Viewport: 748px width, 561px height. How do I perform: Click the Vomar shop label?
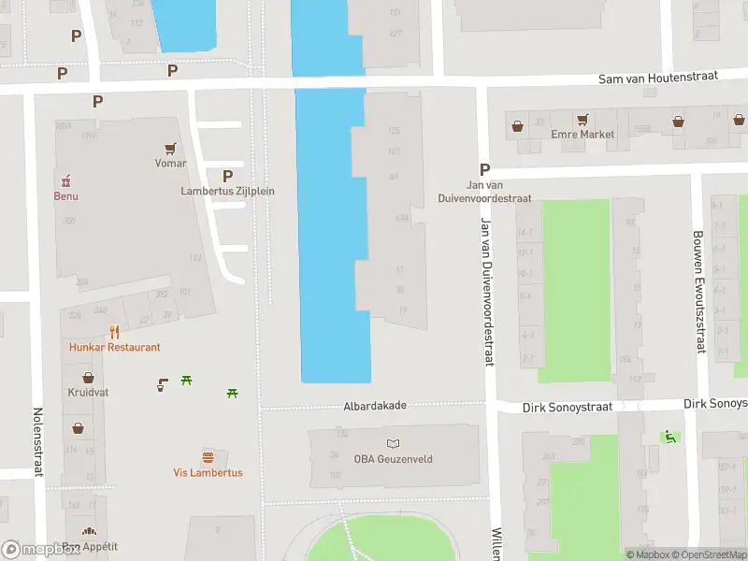170,164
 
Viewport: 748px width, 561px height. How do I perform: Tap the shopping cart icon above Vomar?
170,148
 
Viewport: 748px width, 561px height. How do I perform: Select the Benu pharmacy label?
65,196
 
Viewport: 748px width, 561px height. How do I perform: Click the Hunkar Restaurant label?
114,347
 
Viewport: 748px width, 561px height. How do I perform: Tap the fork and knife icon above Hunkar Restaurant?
114,331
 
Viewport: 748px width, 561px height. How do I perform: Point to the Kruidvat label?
88,393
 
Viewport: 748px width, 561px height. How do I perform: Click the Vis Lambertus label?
208,473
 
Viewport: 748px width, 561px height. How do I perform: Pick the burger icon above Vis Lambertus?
208,457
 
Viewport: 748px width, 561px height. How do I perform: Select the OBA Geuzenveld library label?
392,458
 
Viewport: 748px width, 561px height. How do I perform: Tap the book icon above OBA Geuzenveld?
393,442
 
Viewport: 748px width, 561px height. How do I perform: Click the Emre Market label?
583,135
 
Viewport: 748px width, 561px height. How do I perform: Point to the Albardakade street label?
374,406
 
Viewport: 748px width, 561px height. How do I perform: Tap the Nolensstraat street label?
39,441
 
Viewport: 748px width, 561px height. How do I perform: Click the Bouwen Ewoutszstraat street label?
698,292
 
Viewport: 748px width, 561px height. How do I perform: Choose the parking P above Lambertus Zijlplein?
227,176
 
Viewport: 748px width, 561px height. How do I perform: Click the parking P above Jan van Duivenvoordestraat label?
484,169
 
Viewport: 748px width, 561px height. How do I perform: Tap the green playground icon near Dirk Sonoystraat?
669,437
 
